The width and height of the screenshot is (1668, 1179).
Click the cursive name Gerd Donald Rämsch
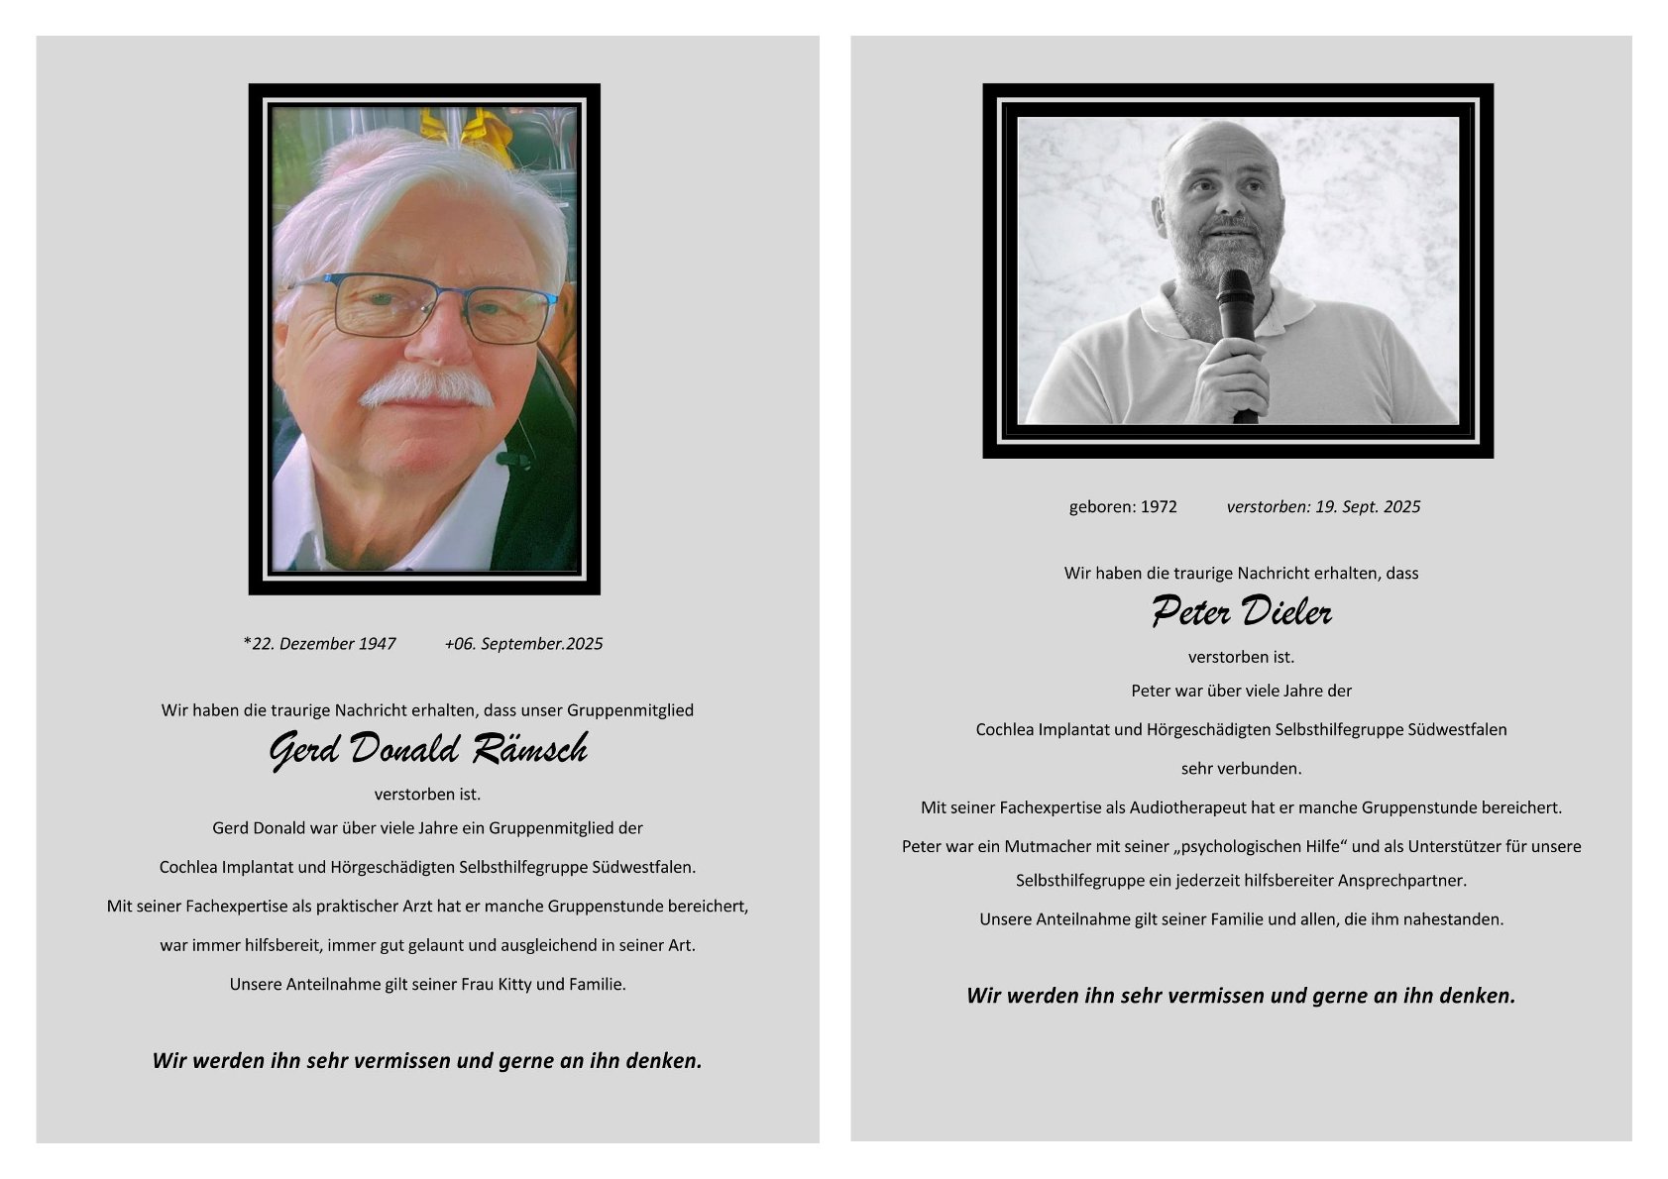[428, 750]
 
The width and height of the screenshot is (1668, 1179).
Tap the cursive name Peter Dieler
[1241, 612]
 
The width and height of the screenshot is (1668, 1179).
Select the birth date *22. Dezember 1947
[319, 644]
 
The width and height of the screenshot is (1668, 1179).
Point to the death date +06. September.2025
[523, 644]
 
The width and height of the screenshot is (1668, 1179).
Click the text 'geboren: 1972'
[1123, 507]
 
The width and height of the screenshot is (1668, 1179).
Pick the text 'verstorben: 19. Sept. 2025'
[1323, 507]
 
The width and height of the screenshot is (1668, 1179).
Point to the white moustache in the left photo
[426, 388]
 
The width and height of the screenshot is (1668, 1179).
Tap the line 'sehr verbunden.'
[1241, 769]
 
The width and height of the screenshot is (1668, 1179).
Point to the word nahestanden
[1455, 919]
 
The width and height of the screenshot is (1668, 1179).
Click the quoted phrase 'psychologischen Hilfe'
[1242, 846]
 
